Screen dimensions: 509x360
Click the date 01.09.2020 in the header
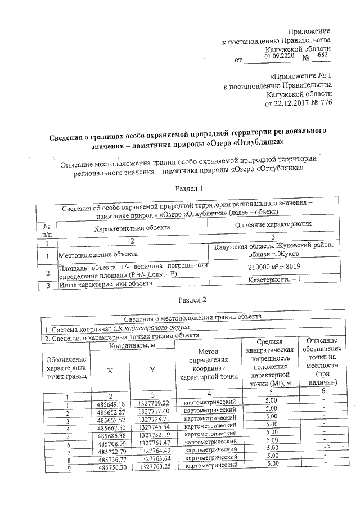point(278,56)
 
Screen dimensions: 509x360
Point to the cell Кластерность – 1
point(274,280)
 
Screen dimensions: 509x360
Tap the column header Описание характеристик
point(274,223)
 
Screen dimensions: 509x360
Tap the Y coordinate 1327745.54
point(154,421)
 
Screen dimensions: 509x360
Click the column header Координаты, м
point(132,346)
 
